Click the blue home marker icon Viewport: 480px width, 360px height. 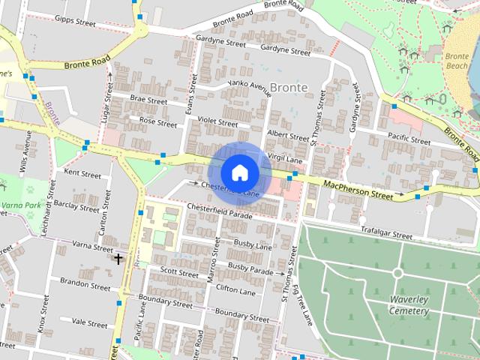(239, 173)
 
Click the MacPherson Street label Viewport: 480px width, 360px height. (358, 189)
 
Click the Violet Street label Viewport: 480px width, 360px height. (218, 122)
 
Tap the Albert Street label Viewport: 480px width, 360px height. (288, 135)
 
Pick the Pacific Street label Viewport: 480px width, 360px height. (409, 139)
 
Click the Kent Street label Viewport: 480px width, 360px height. (82, 174)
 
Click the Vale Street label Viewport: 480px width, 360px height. (89, 323)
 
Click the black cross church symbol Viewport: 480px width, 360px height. (118, 259)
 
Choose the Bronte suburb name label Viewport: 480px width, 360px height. (289, 88)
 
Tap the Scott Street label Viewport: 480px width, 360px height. (178, 273)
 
